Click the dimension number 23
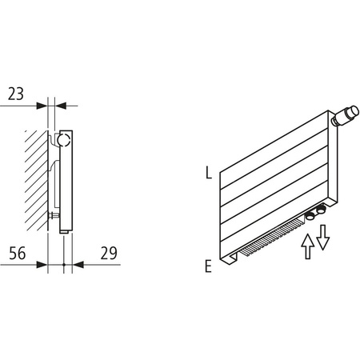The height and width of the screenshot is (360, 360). tap(15, 93)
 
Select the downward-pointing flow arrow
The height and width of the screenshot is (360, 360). tap(322, 236)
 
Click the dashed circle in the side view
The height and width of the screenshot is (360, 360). tap(64, 143)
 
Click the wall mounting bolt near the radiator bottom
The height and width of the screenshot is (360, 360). tap(54, 215)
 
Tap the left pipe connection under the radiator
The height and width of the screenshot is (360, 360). tap(310, 214)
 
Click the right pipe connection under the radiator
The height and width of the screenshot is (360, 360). tap(322, 211)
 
